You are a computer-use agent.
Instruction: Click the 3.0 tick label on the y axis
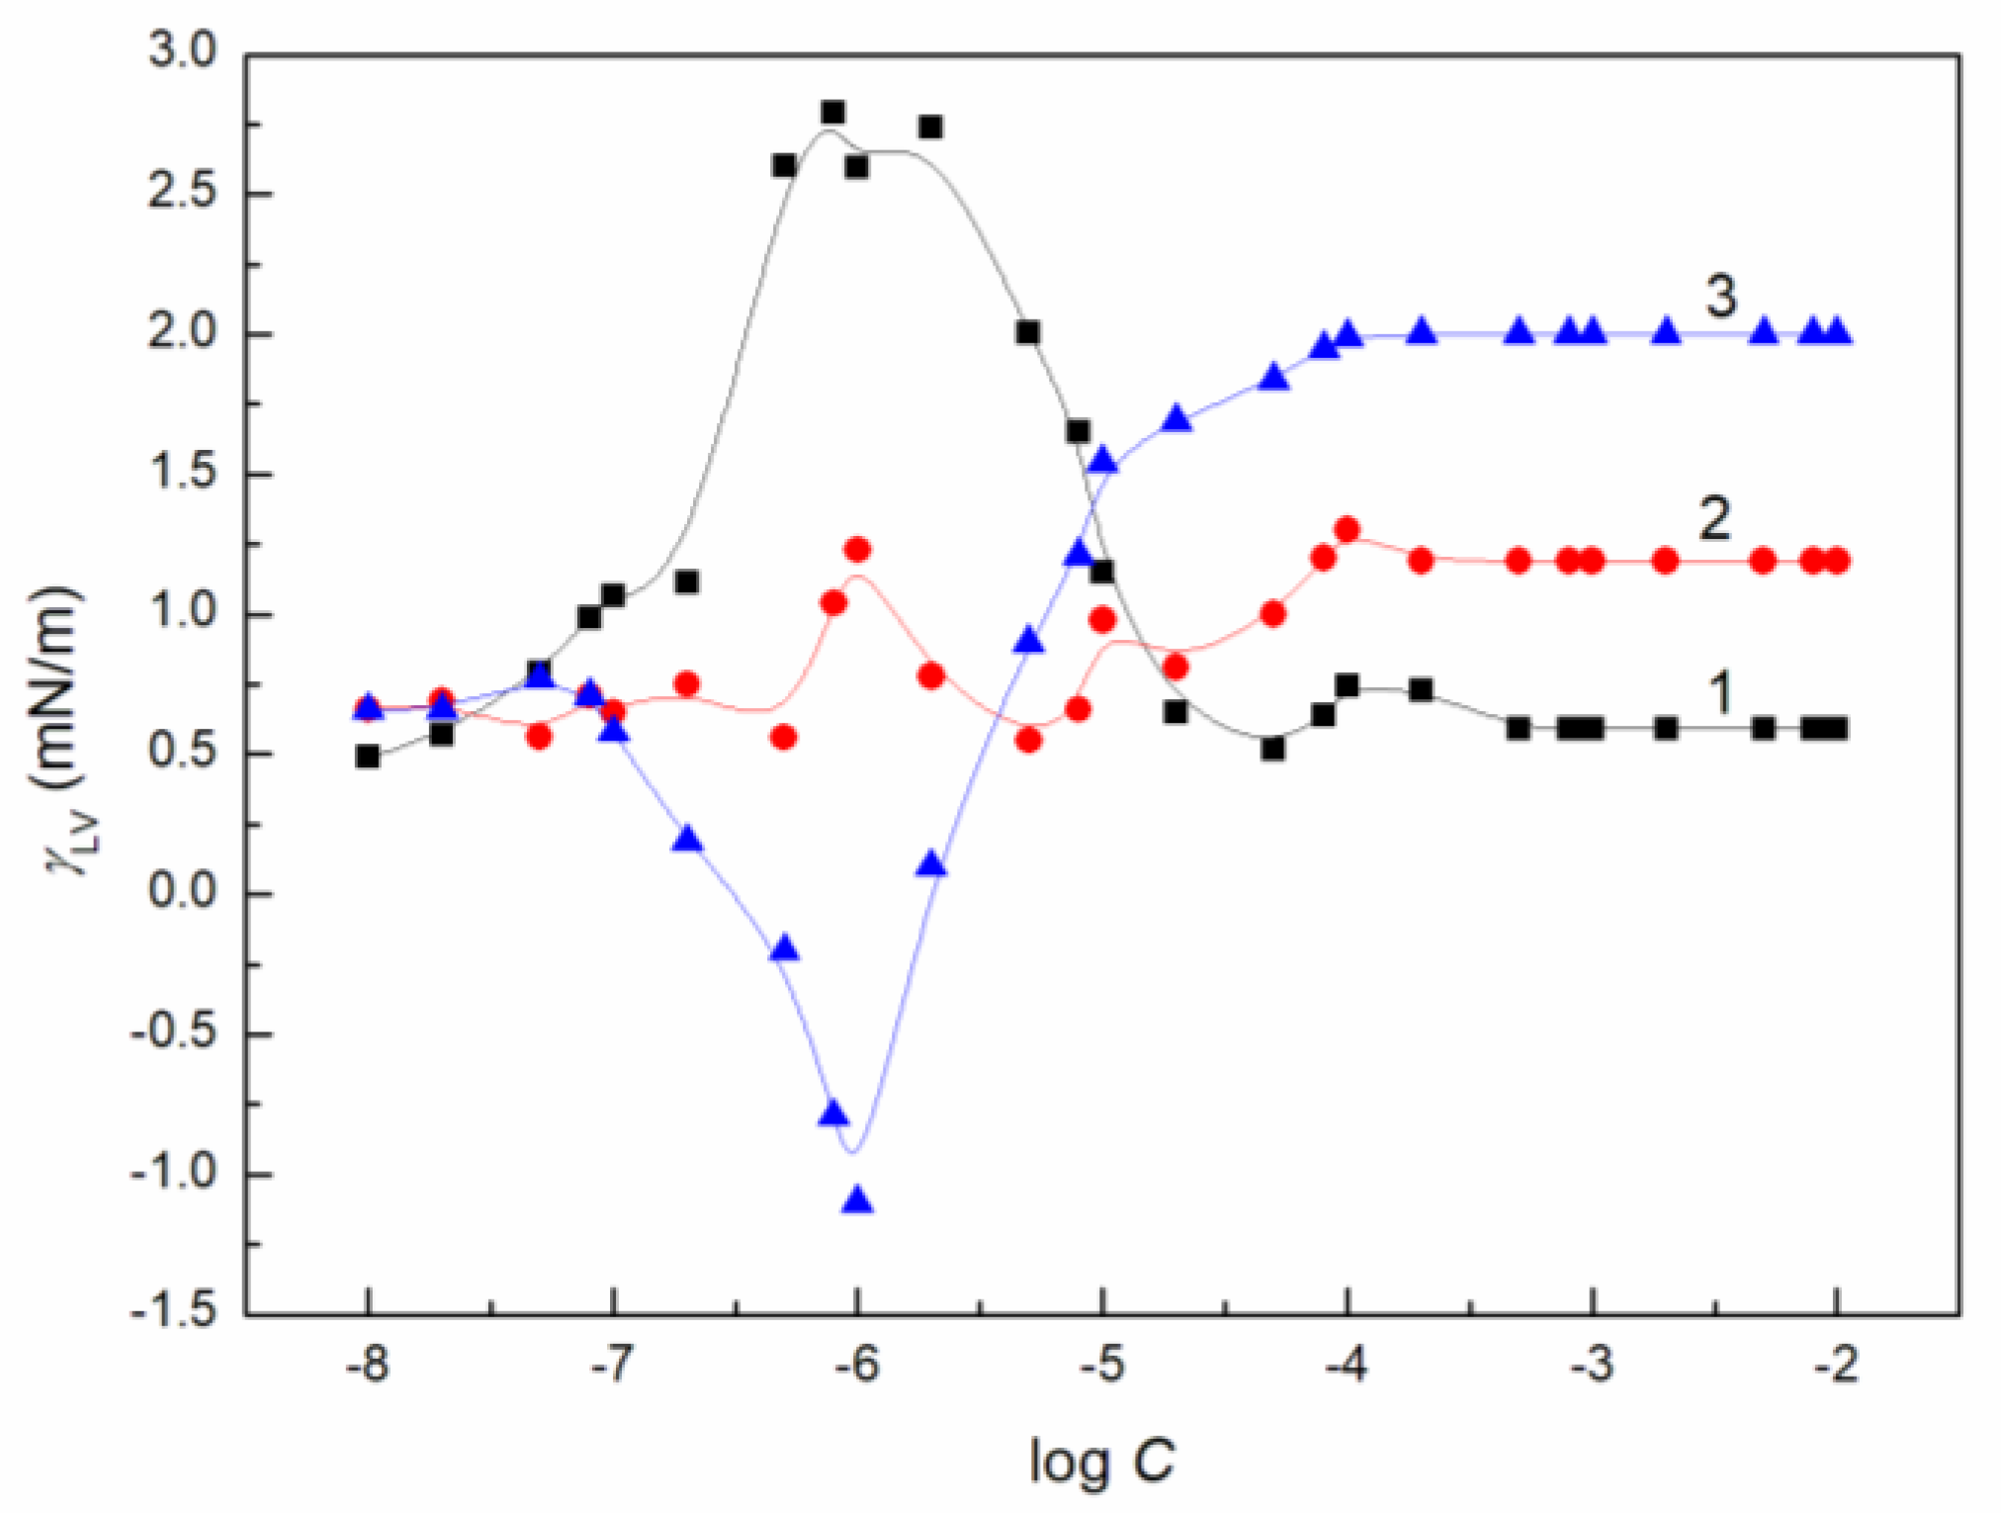coord(182,50)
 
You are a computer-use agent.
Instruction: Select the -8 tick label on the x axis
coord(367,1365)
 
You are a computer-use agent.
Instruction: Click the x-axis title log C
coord(1101,1460)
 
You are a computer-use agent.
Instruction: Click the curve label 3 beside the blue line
coord(1721,296)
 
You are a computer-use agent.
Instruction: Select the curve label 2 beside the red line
coord(1714,518)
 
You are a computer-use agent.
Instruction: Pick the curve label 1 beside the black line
coord(1721,691)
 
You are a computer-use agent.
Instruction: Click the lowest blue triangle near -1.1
coord(857,1200)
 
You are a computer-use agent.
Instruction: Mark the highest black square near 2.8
coord(832,112)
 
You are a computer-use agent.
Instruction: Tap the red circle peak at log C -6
coord(857,549)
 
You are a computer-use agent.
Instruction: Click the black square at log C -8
coord(368,756)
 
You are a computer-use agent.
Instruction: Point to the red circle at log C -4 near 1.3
coord(1347,529)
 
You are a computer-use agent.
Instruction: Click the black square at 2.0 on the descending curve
coord(1028,332)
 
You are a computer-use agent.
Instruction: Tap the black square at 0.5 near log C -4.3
coord(1273,749)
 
